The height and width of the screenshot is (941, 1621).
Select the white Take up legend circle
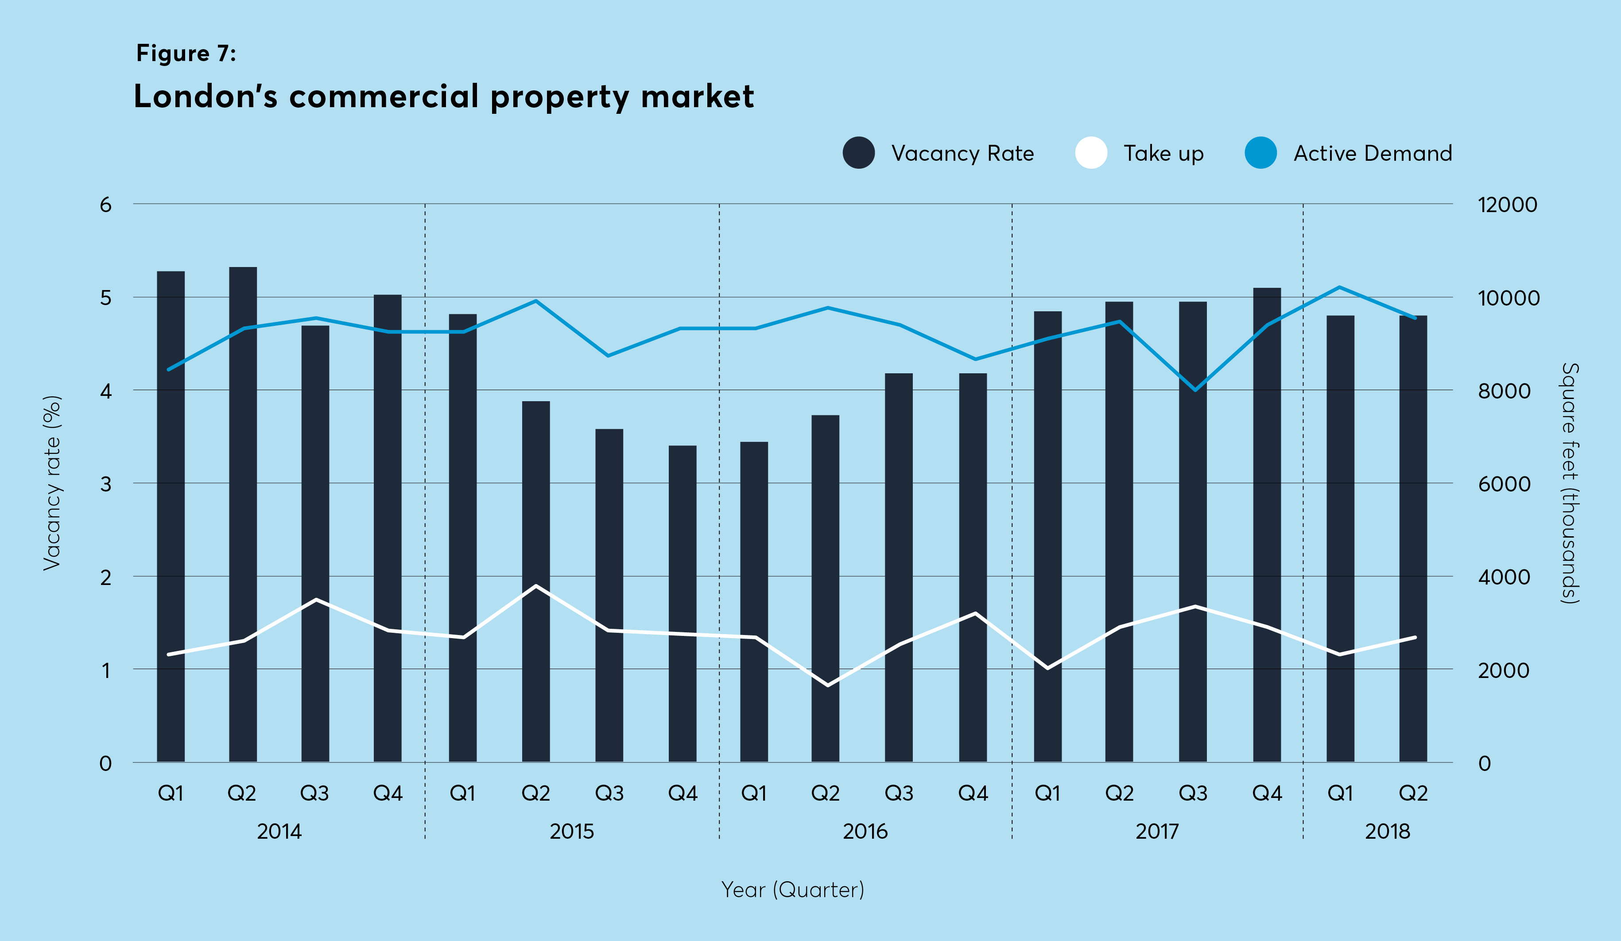tap(1091, 153)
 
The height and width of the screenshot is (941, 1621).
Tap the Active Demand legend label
tap(1373, 153)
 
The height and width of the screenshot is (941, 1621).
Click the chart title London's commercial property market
tap(443, 97)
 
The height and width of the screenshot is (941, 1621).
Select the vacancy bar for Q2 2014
tap(243, 515)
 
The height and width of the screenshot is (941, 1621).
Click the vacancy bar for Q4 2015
tap(682, 604)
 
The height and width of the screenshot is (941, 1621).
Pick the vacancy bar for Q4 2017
tap(1267, 524)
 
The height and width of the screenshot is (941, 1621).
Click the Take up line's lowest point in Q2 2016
tap(827, 685)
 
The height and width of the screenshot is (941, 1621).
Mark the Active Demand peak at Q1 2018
tap(1339, 287)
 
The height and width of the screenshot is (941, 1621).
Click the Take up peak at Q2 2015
tap(536, 586)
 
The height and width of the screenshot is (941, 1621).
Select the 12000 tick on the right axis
tap(1507, 205)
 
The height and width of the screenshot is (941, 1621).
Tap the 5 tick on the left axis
tap(105, 298)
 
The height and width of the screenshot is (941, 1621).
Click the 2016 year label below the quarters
tap(865, 832)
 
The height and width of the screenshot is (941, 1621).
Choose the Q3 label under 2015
tap(609, 793)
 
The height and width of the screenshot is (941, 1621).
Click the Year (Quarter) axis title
tap(792, 890)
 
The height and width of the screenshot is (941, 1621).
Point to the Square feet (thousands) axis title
tap(1570, 482)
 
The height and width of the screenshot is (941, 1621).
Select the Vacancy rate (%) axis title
tap(51, 482)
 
